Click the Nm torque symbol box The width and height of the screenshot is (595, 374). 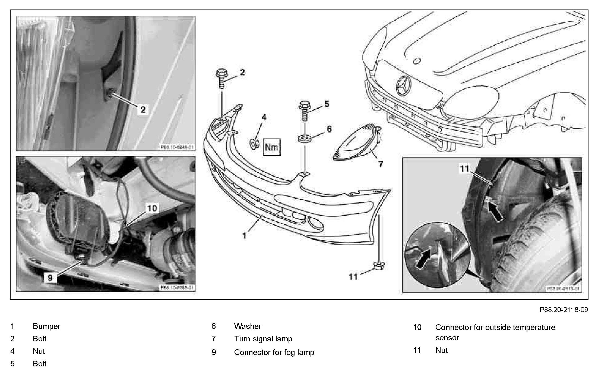coord(271,147)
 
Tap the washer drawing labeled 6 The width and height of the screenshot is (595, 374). coord(305,139)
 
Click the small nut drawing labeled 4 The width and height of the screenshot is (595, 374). coord(254,144)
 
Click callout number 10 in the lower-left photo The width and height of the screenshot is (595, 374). coord(152,208)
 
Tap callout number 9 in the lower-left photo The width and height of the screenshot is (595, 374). coord(50,278)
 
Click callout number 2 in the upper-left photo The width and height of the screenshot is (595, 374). coord(143,110)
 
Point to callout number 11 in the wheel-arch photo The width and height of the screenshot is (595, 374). coord(464,169)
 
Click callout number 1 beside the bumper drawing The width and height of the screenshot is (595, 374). coord(244,235)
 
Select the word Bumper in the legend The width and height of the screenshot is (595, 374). coord(46,326)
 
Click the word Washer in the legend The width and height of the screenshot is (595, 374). coord(248,326)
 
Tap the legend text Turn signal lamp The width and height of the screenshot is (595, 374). coord(263,339)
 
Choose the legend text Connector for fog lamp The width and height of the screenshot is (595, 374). coord(274,352)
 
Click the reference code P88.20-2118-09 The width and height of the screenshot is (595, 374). coord(564,310)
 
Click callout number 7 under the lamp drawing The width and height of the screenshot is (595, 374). coord(381,164)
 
